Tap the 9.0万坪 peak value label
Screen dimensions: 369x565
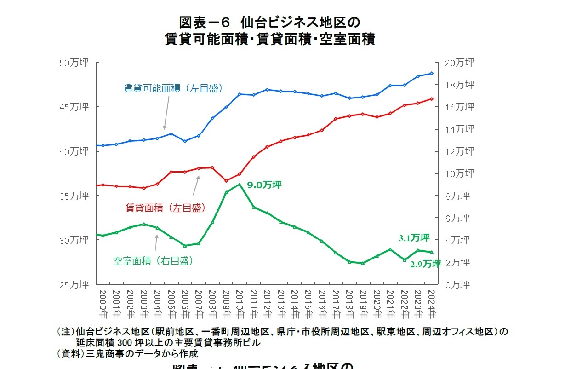264,185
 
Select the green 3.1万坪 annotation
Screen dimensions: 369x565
414,238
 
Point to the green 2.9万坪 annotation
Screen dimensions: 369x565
425,264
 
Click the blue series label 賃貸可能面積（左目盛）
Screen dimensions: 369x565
173,88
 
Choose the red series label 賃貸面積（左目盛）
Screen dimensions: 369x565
166,208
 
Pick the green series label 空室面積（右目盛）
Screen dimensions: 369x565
153,261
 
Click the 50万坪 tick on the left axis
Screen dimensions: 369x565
78,63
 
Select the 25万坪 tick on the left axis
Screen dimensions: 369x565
78,285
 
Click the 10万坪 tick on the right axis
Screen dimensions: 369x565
458,174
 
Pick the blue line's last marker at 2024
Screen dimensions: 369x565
432,73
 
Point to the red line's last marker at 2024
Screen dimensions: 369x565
432,98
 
